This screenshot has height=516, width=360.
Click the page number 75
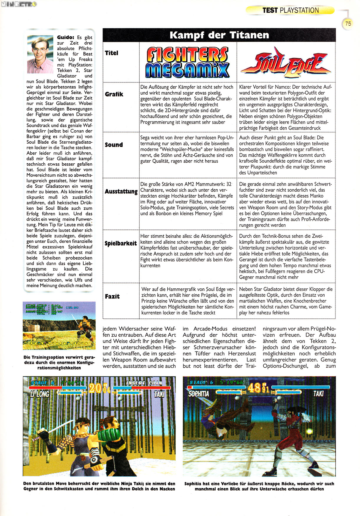click(x=348, y=24)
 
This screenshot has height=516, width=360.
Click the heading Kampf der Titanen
click(x=219, y=35)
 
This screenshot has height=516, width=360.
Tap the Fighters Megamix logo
click(x=187, y=63)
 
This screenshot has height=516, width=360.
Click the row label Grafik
click(x=114, y=94)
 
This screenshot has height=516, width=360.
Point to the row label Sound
click(x=114, y=145)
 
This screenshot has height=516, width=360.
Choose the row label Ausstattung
click(x=121, y=191)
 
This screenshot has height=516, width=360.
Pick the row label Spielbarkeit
click(x=121, y=243)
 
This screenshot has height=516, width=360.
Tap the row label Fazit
click(x=112, y=296)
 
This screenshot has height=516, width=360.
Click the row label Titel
click(x=111, y=53)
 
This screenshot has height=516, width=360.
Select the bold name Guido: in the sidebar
click(x=65, y=37)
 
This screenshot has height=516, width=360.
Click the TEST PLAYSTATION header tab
click(x=290, y=10)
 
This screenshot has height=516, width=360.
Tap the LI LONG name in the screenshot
click(x=39, y=394)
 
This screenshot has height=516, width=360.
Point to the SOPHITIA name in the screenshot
click(x=199, y=394)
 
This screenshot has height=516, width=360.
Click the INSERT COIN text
click(x=144, y=383)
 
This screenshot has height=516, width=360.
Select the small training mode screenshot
click(x=59, y=326)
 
